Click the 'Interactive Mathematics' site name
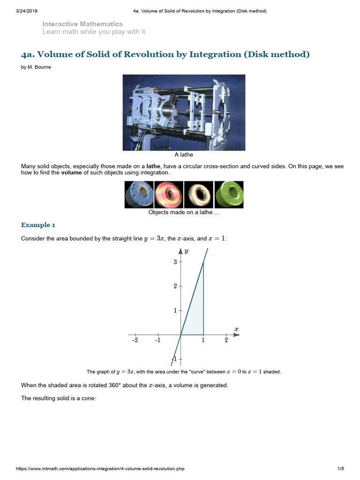82,24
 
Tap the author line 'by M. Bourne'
36,67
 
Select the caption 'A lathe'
184,155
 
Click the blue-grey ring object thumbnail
139,195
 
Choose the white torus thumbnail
198,195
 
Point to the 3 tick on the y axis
175,262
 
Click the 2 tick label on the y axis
175,286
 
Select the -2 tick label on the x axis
135,340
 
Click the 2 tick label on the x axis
226,340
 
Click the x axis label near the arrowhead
236,329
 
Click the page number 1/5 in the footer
340,468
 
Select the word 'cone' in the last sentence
88,399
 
